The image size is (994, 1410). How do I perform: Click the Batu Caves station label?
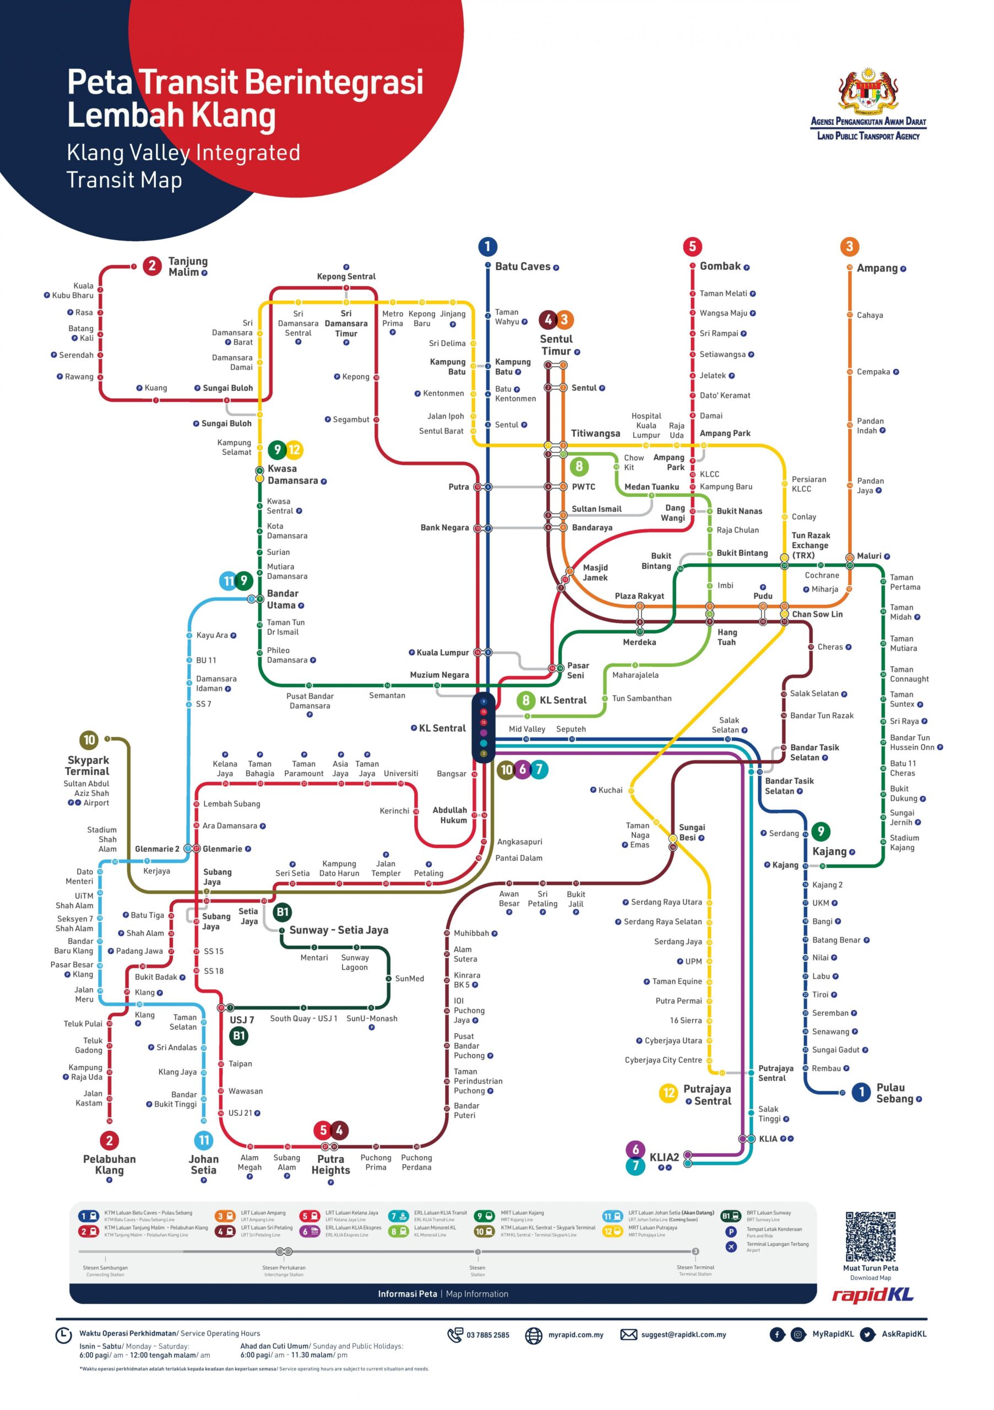click(522, 267)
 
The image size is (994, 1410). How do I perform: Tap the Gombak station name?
click(720, 266)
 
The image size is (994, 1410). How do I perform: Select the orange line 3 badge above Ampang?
click(849, 246)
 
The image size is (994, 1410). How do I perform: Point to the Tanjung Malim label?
click(187, 267)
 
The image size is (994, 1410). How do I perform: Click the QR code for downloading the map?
click(870, 1236)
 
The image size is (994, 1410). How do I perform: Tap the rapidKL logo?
click(872, 1295)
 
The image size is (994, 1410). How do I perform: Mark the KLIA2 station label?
click(664, 1157)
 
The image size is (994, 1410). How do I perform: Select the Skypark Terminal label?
click(87, 765)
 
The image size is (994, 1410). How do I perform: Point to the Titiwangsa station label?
click(595, 433)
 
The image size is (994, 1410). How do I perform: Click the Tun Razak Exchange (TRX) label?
click(811, 545)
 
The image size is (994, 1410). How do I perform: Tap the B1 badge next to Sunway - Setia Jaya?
click(282, 912)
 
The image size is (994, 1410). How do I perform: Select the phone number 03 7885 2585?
click(487, 1335)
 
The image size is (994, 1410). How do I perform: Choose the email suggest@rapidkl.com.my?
click(683, 1334)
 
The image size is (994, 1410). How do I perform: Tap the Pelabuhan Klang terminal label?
click(109, 1164)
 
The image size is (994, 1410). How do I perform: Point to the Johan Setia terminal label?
click(203, 1164)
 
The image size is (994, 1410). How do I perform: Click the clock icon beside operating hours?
click(63, 1335)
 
